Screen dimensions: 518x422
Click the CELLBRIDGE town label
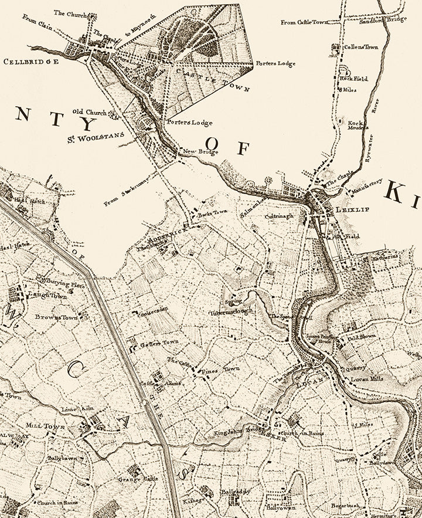[x=31, y=61]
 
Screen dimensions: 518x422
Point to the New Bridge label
[x=200, y=152]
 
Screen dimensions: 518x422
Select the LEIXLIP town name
[x=352, y=209]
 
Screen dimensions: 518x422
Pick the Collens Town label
[x=360, y=47]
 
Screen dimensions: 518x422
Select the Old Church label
[x=89, y=111]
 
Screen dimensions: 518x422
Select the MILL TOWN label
[x=45, y=426]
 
